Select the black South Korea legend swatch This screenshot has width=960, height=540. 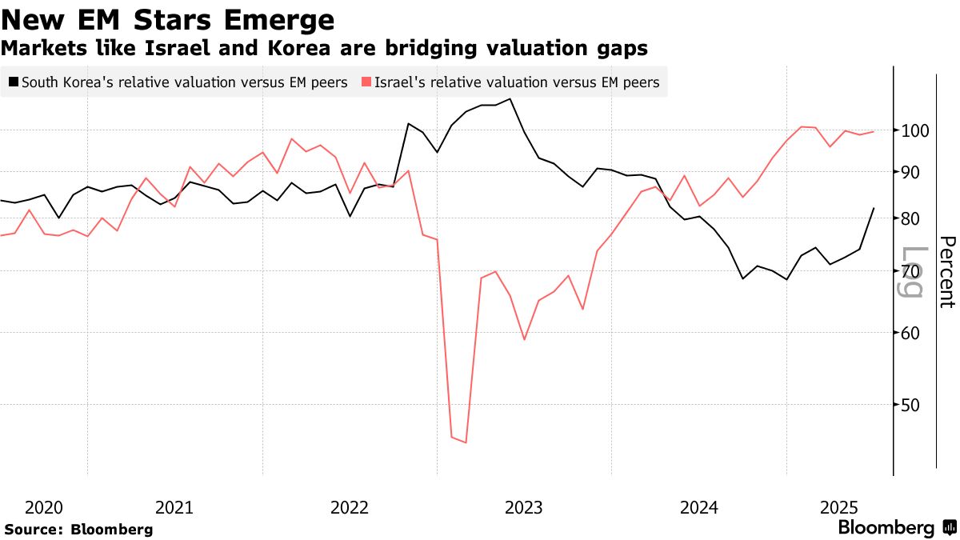13,82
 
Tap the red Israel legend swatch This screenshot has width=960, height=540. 367,82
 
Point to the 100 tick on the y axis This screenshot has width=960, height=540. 914,130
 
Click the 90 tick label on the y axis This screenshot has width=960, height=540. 914,172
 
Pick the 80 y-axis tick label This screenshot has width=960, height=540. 914,218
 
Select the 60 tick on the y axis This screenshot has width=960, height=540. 914,333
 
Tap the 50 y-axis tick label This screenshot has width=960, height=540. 914,405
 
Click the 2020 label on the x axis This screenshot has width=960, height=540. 44,507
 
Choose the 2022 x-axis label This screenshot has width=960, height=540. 350,507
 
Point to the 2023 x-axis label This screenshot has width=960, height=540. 524,507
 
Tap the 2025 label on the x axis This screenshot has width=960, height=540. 839,507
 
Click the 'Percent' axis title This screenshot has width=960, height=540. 946,272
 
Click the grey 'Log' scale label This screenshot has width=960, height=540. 913,272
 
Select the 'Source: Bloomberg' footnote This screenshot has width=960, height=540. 78,530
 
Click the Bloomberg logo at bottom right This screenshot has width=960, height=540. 896,528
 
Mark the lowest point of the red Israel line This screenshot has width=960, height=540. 466,442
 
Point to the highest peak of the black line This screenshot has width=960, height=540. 510,99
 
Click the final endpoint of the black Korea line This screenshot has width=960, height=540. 874,208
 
